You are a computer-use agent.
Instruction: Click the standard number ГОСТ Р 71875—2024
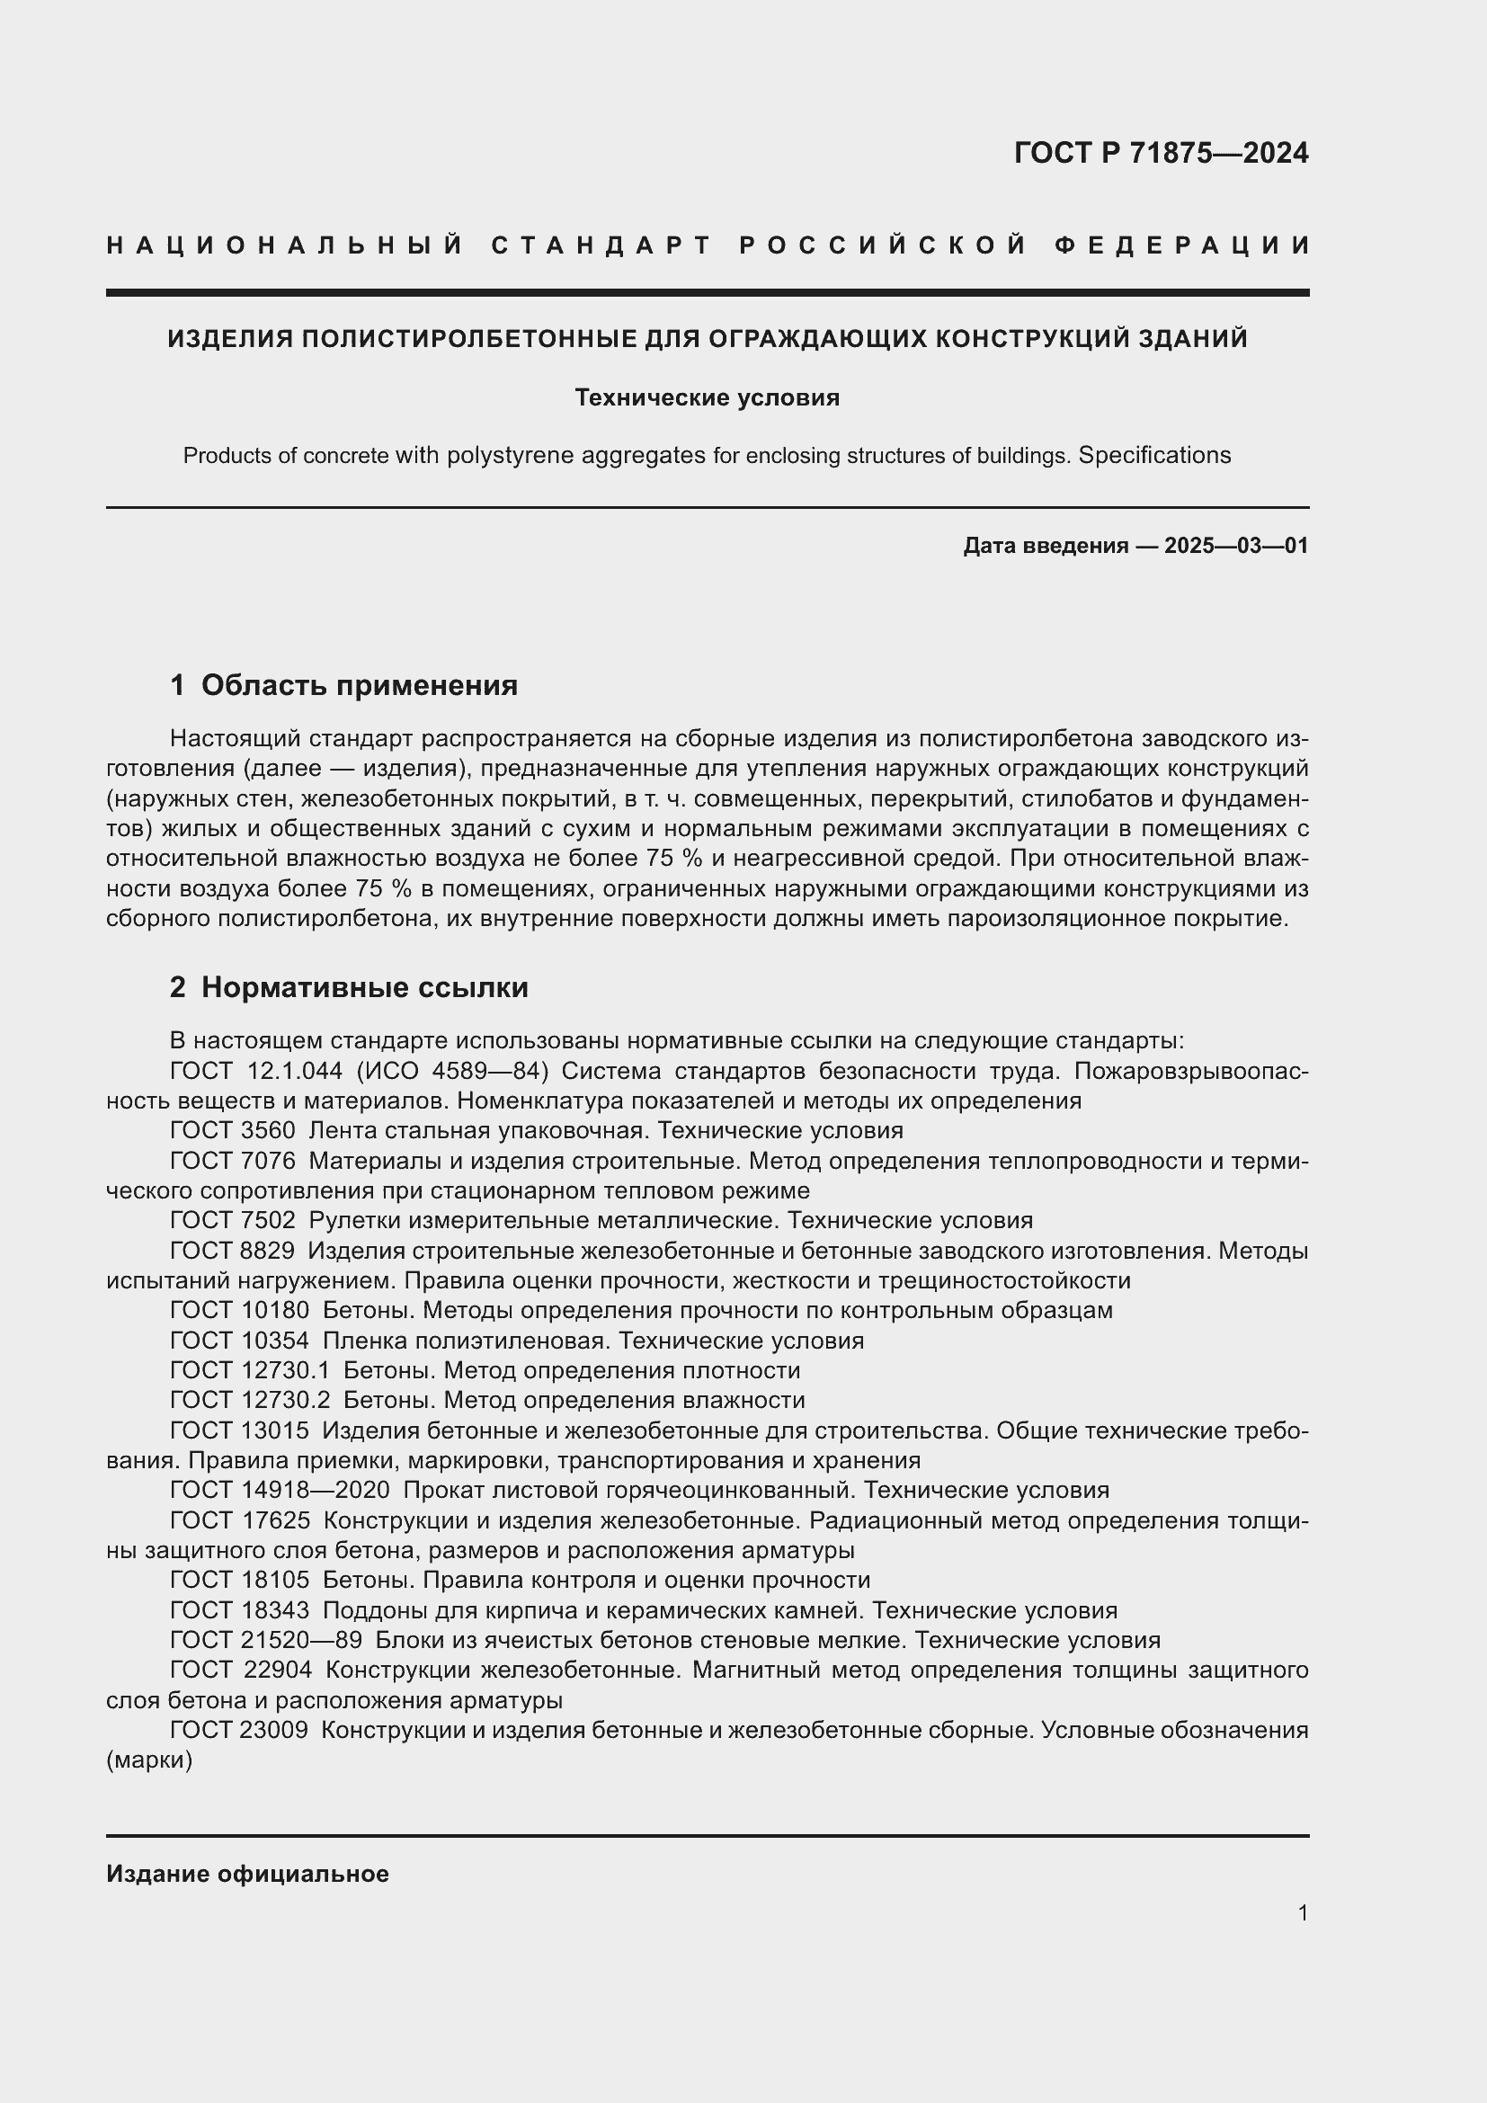(x=1161, y=153)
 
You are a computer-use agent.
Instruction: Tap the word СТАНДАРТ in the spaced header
(x=601, y=245)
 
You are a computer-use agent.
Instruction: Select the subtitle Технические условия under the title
(x=707, y=397)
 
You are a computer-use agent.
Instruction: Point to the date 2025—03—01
(x=1236, y=546)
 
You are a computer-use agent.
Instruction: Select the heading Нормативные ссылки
(x=364, y=986)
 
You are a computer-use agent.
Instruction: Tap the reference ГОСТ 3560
(x=233, y=1130)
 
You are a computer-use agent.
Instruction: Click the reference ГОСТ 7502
(x=233, y=1220)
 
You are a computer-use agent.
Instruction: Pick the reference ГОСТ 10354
(x=239, y=1341)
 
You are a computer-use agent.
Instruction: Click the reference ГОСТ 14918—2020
(x=280, y=1490)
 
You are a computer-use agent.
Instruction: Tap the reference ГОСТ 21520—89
(x=265, y=1641)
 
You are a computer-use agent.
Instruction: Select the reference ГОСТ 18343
(x=239, y=1610)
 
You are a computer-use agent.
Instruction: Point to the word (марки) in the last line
(x=149, y=1760)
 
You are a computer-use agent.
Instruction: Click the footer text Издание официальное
(x=247, y=1873)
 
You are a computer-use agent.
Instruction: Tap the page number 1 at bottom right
(x=1303, y=1912)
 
